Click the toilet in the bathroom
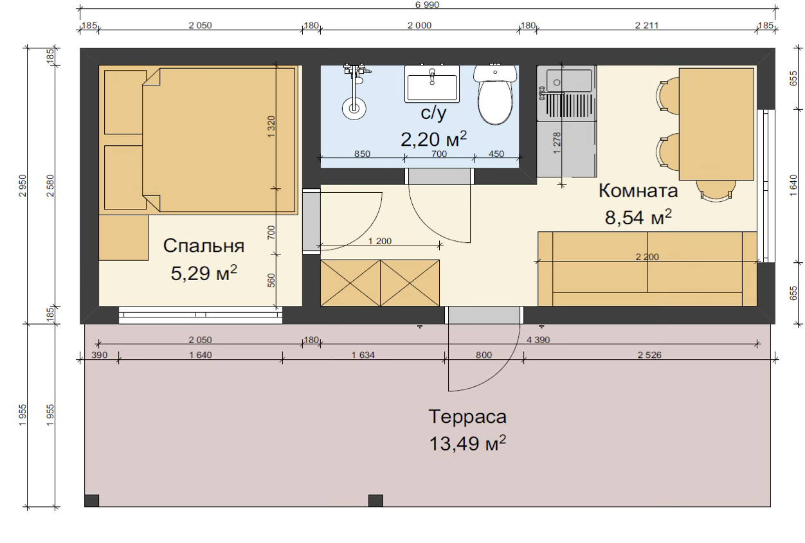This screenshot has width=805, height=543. click(x=495, y=95)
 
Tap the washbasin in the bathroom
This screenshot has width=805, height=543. click(x=432, y=84)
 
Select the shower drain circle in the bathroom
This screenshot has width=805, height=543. click(x=354, y=109)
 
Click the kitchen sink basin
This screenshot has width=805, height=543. click(x=568, y=81)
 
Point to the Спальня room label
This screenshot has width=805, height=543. click(x=204, y=246)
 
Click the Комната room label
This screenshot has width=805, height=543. click(x=638, y=191)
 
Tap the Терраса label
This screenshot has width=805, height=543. click(x=467, y=416)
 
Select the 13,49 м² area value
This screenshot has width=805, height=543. click(x=467, y=443)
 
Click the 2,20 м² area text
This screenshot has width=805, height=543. click(x=433, y=139)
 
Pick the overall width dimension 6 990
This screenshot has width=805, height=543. click(x=427, y=4)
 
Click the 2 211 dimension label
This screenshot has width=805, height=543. click(x=647, y=26)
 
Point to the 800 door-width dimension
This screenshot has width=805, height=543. click(x=484, y=355)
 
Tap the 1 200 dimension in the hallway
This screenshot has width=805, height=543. click(x=380, y=241)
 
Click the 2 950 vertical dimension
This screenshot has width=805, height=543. click(x=23, y=186)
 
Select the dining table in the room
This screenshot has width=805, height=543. click(x=716, y=124)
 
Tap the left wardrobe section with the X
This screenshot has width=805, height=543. click(x=350, y=283)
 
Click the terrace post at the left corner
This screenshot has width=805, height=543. click(x=92, y=501)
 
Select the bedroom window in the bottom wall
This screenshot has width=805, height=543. click(x=201, y=315)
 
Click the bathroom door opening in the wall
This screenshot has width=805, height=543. click(x=440, y=176)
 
